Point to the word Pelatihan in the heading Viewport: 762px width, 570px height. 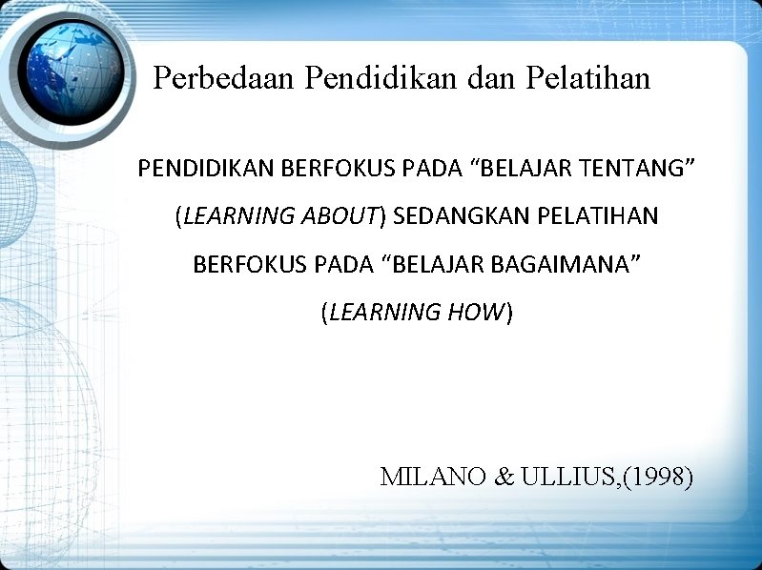point(587,78)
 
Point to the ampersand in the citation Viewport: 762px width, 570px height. point(505,477)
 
